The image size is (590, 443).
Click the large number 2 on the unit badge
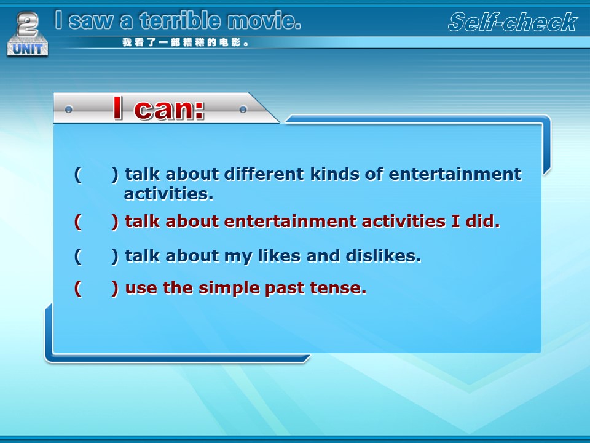tap(28, 24)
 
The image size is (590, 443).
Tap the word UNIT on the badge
tap(28, 49)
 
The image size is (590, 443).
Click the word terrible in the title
tap(180, 20)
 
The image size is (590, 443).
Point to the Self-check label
tap(513, 22)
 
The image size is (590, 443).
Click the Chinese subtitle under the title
tap(185, 42)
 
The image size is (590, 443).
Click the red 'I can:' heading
tap(159, 108)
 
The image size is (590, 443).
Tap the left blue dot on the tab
tap(68, 110)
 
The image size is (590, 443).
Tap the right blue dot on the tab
tap(243, 110)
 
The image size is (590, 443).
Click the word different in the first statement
tap(264, 174)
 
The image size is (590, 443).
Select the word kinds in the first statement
tap(335, 174)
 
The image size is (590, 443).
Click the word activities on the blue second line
tap(168, 194)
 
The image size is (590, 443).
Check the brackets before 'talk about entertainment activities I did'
tap(96, 221)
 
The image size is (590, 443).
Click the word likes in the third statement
tap(279, 256)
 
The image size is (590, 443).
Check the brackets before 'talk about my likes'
tap(96, 256)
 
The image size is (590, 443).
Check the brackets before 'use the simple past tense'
tap(96, 289)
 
